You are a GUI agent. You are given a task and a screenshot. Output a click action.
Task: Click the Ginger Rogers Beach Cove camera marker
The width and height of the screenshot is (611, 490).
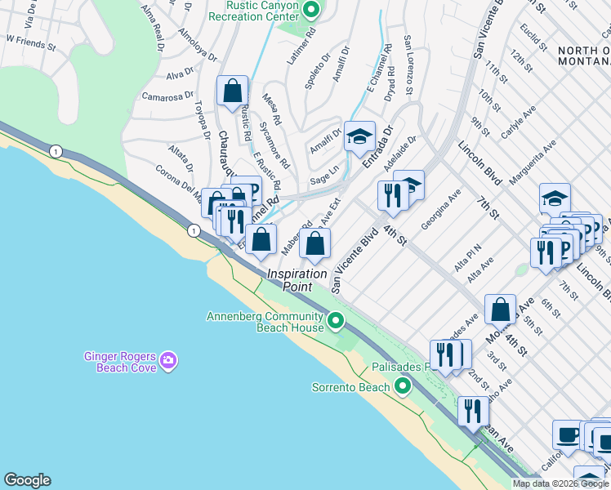click(x=168, y=360)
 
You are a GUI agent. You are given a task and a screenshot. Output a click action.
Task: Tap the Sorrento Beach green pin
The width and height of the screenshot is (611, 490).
click(x=402, y=386)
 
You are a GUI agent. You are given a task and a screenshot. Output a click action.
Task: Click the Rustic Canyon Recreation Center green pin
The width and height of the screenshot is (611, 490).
click(x=310, y=11)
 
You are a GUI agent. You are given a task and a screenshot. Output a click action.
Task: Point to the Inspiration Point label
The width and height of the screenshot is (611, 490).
click(x=297, y=280)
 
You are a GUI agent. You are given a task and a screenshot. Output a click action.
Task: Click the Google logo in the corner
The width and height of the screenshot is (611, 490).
click(x=27, y=479)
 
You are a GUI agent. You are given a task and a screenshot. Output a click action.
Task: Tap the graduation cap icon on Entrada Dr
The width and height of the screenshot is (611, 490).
click(x=359, y=137)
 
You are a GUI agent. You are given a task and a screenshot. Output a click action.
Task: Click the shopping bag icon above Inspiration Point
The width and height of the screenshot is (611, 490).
click(x=314, y=243)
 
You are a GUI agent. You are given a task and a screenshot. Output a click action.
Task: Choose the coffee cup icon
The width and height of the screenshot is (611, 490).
click(x=569, y=434)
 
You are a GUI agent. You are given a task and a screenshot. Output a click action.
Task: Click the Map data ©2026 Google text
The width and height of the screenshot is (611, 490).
click(x=560, y=483)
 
